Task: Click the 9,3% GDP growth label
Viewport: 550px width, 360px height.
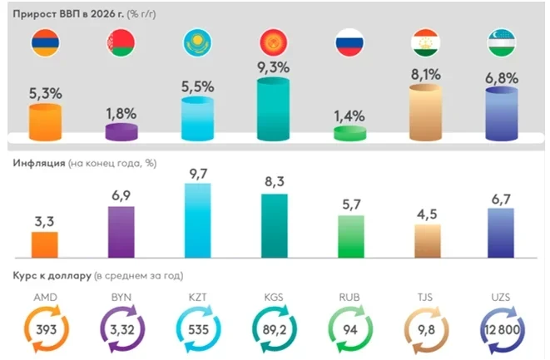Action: click(x=274, y=66)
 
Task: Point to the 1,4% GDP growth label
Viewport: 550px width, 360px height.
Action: click(x=349, y=116)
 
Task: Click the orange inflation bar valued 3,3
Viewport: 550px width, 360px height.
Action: click(x=44, y=244)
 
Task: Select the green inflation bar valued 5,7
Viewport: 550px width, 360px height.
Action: click(x=349, y=236)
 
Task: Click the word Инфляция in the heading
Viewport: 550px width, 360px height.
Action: click(x=39, y=162)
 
